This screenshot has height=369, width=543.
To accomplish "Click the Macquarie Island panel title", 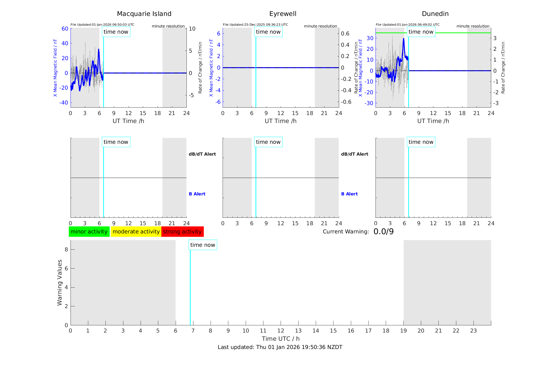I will click(144, 14).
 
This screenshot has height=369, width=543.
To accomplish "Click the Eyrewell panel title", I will click(283, 14).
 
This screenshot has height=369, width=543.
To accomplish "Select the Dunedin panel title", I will click(435, 14).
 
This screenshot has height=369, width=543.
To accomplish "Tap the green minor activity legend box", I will click(89, 232).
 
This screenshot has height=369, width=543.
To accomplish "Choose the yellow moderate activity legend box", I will click(136, 232).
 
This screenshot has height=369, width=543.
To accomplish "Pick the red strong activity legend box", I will click(182, 232).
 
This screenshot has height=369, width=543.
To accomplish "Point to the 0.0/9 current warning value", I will click(383, 232).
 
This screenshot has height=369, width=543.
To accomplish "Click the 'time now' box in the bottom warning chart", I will click(203, 245).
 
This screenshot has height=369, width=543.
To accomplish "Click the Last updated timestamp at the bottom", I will click(280, 347).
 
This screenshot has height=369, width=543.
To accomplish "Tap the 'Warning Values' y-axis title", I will click(60, 282).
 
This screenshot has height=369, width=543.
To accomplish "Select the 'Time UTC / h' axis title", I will click(281, 339).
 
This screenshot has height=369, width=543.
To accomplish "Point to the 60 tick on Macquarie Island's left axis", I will click(65, 29).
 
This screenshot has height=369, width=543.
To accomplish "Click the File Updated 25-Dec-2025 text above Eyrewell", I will click(255, 25).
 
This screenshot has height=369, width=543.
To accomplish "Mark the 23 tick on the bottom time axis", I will click(473, 331).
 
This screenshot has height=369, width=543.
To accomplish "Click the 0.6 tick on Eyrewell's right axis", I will click(345, 34).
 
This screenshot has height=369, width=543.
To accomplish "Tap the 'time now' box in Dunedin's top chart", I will click(421, 32).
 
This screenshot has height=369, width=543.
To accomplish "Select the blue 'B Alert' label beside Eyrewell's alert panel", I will click(349, 194).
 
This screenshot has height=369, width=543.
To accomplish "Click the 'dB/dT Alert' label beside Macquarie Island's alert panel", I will click(202, 154).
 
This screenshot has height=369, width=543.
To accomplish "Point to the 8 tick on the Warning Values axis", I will click(66, 249).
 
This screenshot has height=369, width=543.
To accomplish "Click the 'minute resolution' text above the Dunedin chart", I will click(473, 26).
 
